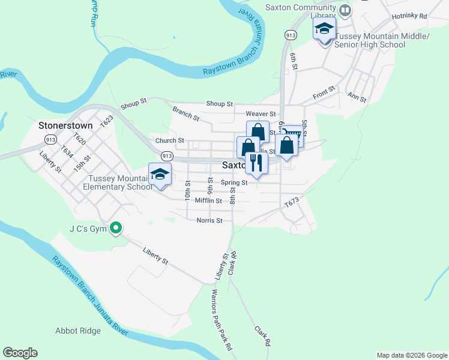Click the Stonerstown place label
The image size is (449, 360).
tap(65, 126)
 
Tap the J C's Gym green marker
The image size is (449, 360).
tap(117, 228)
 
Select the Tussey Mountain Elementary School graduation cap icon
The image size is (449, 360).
tap(160, 174)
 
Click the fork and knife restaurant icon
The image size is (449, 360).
tap(256, 163)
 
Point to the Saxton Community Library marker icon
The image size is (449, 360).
tap(345, 10)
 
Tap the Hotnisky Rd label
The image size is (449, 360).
tap(408, 16)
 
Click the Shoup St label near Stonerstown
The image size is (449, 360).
tap(133, 104)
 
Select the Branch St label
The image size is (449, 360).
tap(185, 113)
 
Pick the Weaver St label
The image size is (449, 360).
tap(261, 114)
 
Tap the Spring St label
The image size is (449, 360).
tap(234, 182)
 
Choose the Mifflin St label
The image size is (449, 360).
tap(208, 200)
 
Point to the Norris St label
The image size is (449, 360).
tap(209, 220)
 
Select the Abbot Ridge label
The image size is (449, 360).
tap(78, 331)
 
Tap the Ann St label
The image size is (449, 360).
tap(357, 97)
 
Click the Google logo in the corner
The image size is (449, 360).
tap(20, 353)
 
